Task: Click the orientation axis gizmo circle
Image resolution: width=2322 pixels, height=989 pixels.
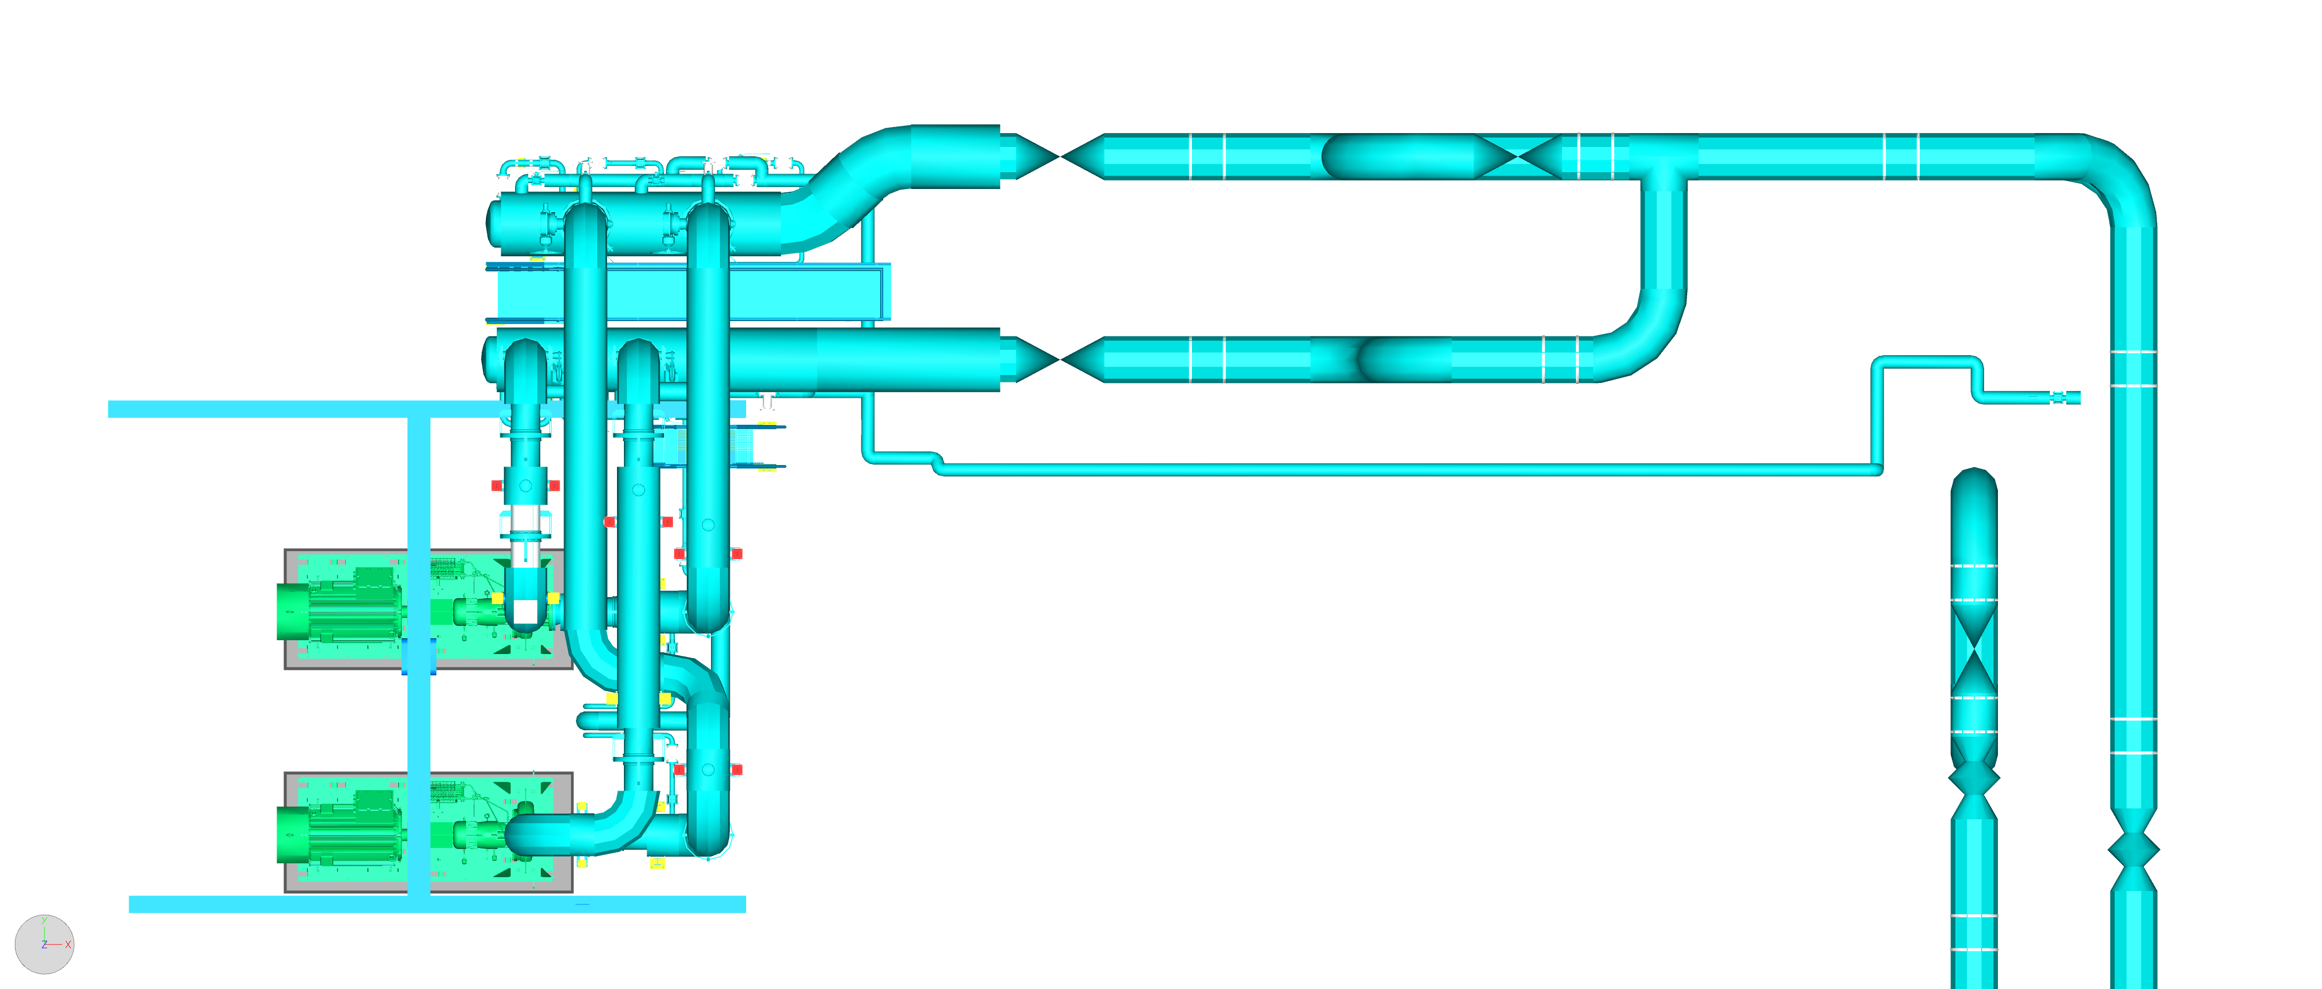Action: tap(44, 944)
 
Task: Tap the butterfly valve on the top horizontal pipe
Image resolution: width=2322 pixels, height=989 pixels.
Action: tap(1519, 157)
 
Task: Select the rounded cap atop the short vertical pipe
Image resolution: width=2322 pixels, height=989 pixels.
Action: tap(1974, 487)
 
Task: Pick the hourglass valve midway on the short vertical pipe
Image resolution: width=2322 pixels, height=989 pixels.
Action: tap(1974, 649)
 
